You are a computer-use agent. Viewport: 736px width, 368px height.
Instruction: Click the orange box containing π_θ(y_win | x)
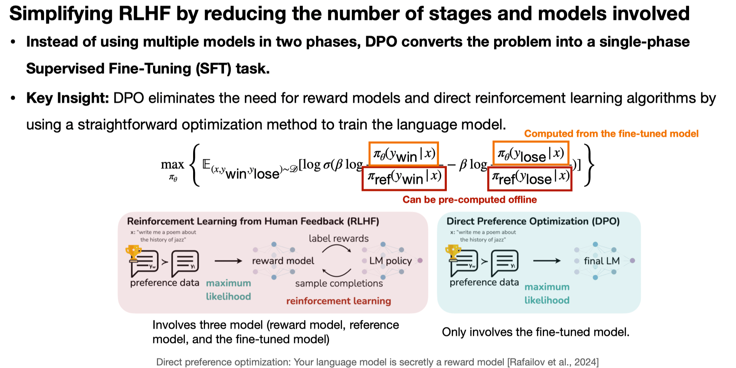pos(404,154)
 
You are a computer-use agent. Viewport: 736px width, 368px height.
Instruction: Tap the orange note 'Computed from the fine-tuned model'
pos(611,134)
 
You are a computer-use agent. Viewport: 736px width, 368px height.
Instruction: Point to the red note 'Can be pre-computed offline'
pos(469,200)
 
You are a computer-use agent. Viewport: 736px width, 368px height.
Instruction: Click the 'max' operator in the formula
pos(172,165)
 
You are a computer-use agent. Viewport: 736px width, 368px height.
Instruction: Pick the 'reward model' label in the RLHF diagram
pos(283,261)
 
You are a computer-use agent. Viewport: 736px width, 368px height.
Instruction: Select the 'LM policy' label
pos(390,261)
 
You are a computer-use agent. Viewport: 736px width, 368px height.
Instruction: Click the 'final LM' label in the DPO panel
pos(602,261)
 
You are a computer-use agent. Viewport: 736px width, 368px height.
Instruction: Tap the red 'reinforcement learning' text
pos(338,301)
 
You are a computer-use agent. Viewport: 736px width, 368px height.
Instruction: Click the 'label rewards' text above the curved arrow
pos(339,239)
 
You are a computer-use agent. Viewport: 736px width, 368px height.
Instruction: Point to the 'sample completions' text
pos(339,283)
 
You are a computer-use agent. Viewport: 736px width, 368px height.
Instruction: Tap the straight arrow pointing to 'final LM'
pos(547,261)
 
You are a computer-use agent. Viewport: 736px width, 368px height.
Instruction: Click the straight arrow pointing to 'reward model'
pos(228,261)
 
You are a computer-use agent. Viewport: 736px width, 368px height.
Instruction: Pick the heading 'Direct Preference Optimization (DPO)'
pos(533,221)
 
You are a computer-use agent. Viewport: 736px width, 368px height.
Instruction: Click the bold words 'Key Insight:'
pos(67,98)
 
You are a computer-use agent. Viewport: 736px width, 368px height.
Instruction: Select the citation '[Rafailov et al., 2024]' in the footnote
pos(553,362)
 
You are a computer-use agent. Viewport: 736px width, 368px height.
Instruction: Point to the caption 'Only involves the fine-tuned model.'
pos(535,332)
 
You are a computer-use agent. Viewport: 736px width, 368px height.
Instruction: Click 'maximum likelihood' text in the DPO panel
pos(547,293)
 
